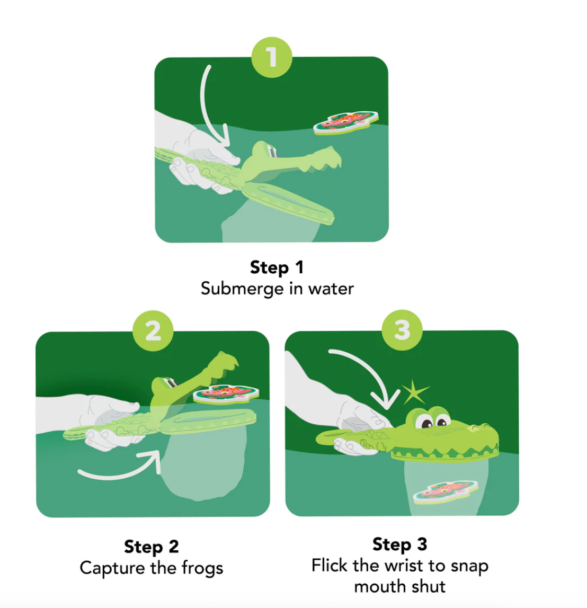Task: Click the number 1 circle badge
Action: [x=272, y=57]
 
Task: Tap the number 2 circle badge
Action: [x=153, y=331]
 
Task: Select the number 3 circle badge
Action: [x=402, y=330]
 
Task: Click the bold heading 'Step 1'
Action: [x=277, y=267]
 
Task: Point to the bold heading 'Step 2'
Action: [x=152, y=547]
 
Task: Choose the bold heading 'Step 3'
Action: [x=399, y=544]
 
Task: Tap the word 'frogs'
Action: [x=202, y=568]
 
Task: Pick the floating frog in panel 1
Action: [x=346, y=122]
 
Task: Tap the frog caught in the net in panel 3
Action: [x=446, y=492]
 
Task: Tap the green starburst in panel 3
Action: [x=415, y=392]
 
